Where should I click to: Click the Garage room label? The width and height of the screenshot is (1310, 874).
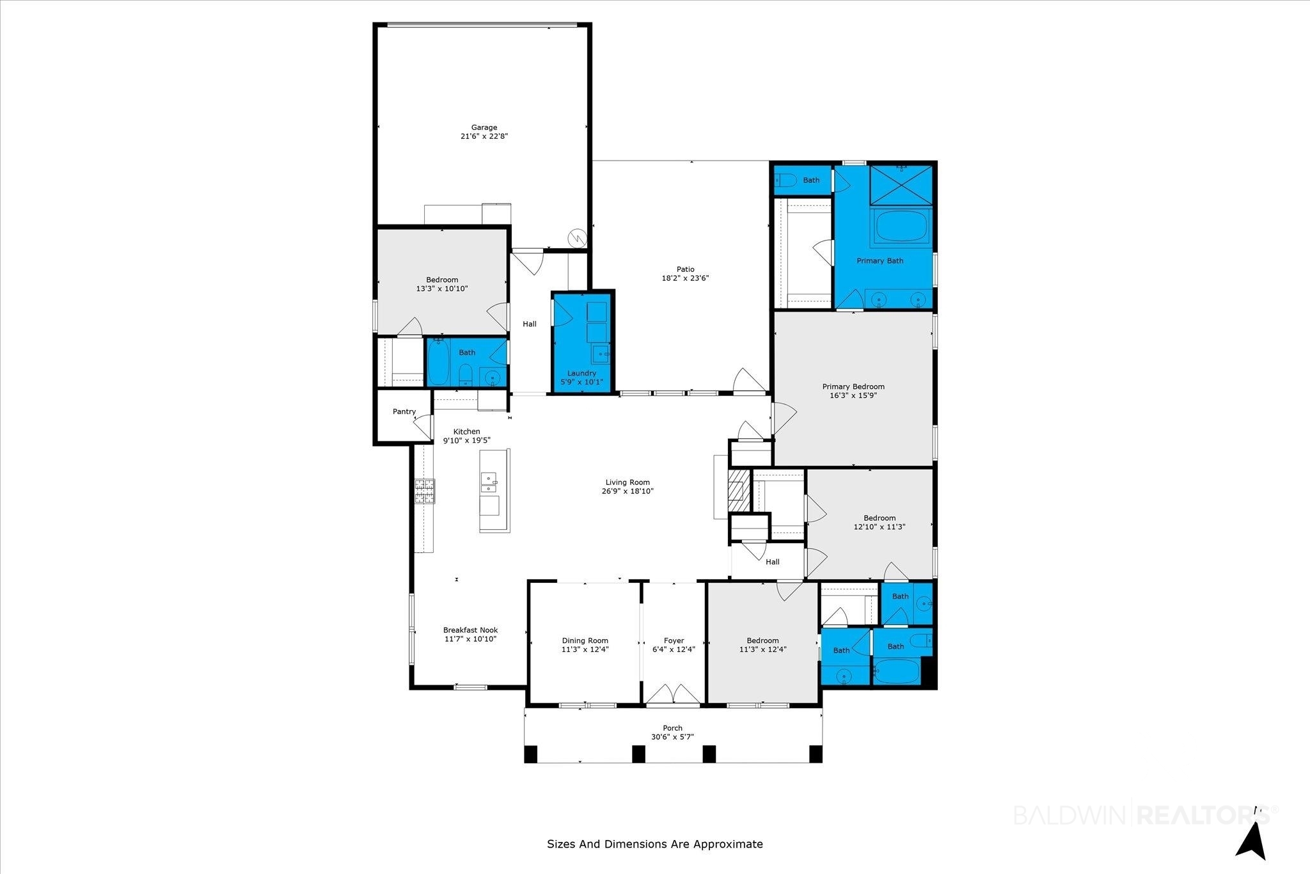click(484, 127)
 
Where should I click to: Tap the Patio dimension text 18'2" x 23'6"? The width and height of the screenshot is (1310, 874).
click(686, 278)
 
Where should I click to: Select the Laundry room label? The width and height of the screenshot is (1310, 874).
click(581, 373)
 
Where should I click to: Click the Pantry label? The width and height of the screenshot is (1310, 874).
click(404, 411)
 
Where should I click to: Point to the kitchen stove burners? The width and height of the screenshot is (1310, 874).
click(425, 491)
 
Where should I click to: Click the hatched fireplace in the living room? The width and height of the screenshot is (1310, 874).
click(738, 491)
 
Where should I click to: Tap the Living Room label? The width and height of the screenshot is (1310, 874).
click(627, 482)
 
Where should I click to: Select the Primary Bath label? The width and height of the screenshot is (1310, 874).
click(880, 260)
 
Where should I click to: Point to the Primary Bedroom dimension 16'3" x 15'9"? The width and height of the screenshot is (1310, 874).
click(853, 395)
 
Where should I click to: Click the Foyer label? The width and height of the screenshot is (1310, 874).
click(674, 640)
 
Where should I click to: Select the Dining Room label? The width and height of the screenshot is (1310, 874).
click(585, 640)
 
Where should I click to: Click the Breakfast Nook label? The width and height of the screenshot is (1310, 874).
click(471, 630)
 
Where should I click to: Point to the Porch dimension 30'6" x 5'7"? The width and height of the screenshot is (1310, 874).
click(672, 737)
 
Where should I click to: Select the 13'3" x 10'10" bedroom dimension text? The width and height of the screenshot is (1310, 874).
click(442, 289)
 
